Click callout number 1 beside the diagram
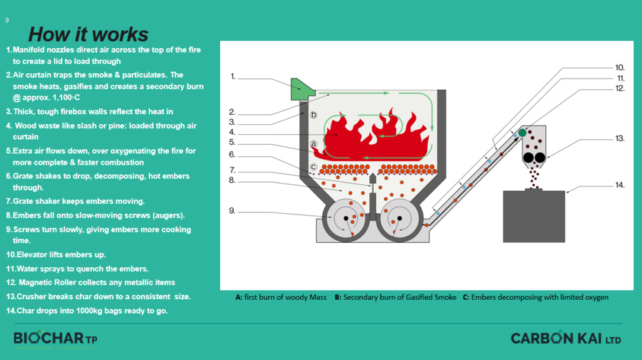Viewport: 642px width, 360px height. click(x=233, y=77)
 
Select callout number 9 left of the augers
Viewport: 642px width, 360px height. click(x=233, y=211)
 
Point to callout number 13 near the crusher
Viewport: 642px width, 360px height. click(x=620, y=138)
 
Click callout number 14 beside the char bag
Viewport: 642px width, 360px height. click(x=620, y=185)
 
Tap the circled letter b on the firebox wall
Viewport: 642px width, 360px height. click(x=313, y=115)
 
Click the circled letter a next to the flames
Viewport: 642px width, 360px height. click(x=313, y=144)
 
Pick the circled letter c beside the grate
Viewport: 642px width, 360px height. click(x=313, y=167)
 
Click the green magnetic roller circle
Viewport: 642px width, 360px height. click(x=522, y=132)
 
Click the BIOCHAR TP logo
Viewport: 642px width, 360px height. click(x=55, y=339)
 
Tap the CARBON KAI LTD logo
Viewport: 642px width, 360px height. click(x=566, y=339)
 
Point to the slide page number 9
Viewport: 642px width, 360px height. click(x=7, y=20)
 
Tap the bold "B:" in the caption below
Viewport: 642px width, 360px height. click(x=338, y=297)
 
